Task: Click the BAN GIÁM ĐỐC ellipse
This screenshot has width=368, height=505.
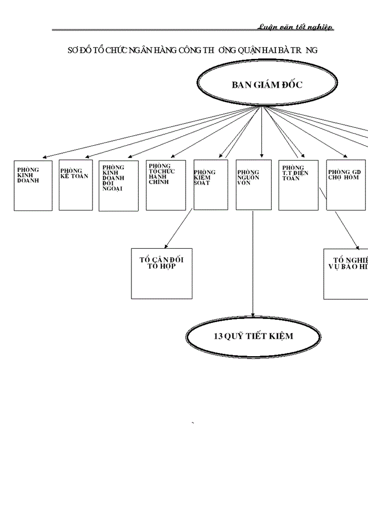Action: (x=267, y=85)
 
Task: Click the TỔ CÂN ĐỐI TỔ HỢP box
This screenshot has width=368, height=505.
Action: (x=161, y=274)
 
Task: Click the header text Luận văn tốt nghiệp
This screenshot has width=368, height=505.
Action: (x=295, y=27)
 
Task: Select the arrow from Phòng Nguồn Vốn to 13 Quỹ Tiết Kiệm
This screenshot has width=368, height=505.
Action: (x=253, y=263)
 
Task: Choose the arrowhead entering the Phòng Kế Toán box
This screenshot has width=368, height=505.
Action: (x=87, y=156)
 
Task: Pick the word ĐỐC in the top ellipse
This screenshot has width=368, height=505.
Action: (x=292, y=85)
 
